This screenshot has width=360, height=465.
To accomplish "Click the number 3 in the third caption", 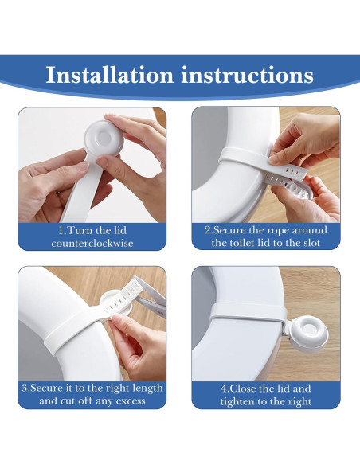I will click(25, 388).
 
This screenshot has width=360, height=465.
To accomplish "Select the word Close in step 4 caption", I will click(245, 388).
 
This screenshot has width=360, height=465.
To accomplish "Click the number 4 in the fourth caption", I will click(223, 388).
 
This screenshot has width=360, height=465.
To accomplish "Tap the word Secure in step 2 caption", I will click(229, 229).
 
